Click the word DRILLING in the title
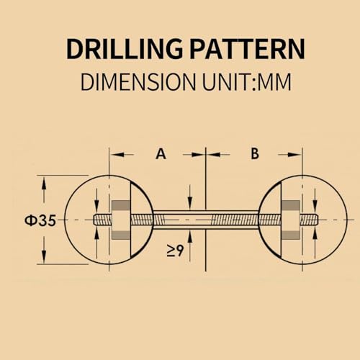tap(124, 49)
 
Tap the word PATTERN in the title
tap(248, 49)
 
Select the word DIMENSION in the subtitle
tap(138, 82)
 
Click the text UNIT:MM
tap(247, 82)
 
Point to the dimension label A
tap(161, 154)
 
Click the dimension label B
tap(255, 153)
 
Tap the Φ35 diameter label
tap(40, 220)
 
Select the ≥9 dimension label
tap(175, 251)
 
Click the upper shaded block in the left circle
tap(121, 204)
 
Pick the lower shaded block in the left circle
tap(121, 235)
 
